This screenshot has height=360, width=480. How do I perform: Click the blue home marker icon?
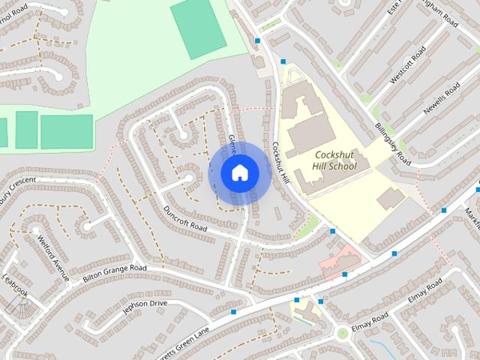(239, 173)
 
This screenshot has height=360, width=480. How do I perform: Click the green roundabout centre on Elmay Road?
(343, 332)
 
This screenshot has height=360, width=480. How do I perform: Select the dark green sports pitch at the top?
(197, 28)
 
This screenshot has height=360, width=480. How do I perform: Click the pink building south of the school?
(339, 259)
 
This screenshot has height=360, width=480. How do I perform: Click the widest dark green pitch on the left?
(66, 131)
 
